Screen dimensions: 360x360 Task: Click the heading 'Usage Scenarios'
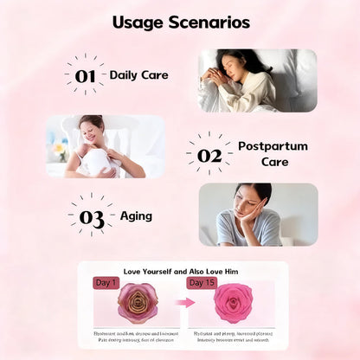pos(180,22)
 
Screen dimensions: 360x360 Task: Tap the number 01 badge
pos(85,76)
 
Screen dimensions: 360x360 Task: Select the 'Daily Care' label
pos(138,75)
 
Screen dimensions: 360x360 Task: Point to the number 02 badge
pos(209,155)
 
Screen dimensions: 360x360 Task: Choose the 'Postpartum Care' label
pos(273,153)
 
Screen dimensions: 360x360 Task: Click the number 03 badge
pos(92,216)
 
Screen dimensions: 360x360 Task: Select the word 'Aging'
pos(136,215)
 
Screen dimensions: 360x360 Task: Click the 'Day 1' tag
pos(105,283)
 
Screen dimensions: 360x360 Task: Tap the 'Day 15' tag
pos(201,283)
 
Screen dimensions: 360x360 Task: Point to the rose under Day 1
pos(138,304)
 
